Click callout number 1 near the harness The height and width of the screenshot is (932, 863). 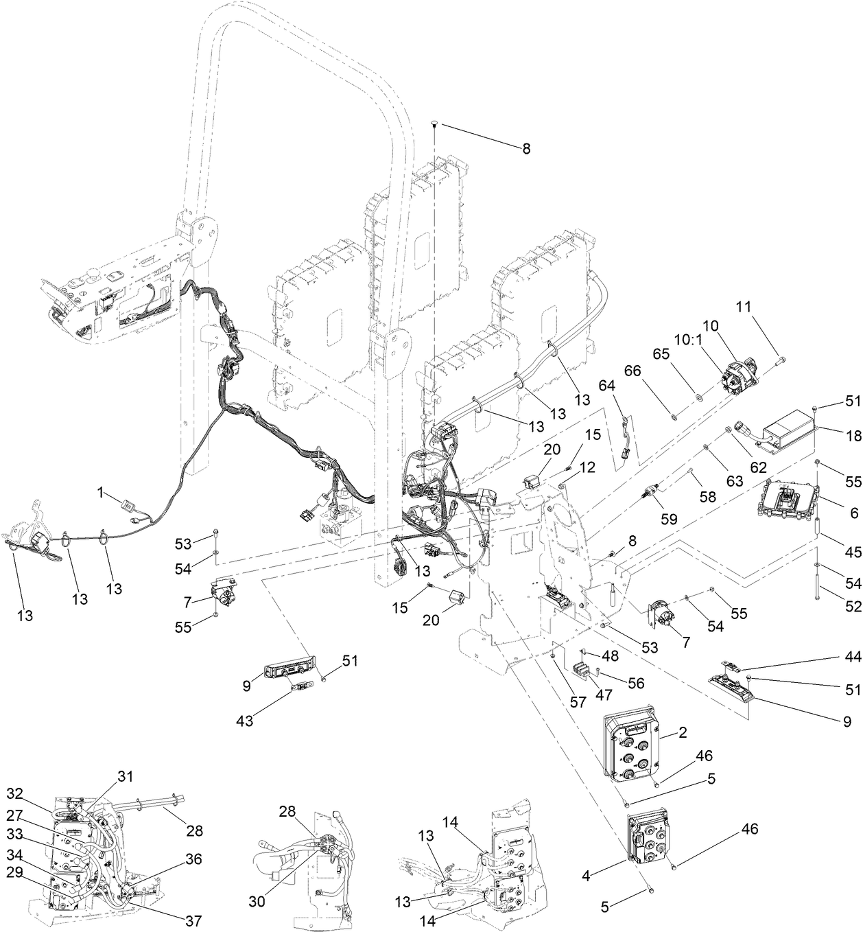[x=101, y=493]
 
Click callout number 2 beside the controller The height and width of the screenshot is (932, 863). [x=683, y=734]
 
